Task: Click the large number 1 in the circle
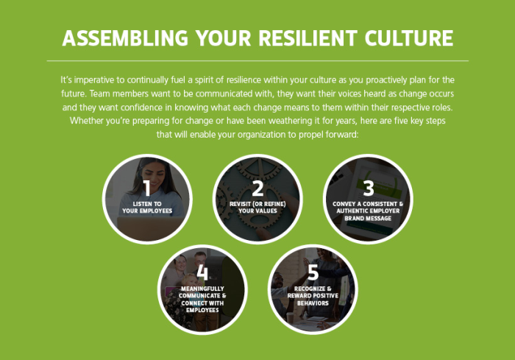click(146, 188)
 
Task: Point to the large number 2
click(257, 188)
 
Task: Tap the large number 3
click(368, 188)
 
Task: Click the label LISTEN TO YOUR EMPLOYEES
click(146, 207)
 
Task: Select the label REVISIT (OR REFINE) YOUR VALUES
click(257, 207)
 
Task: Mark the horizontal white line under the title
click(257, 60)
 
